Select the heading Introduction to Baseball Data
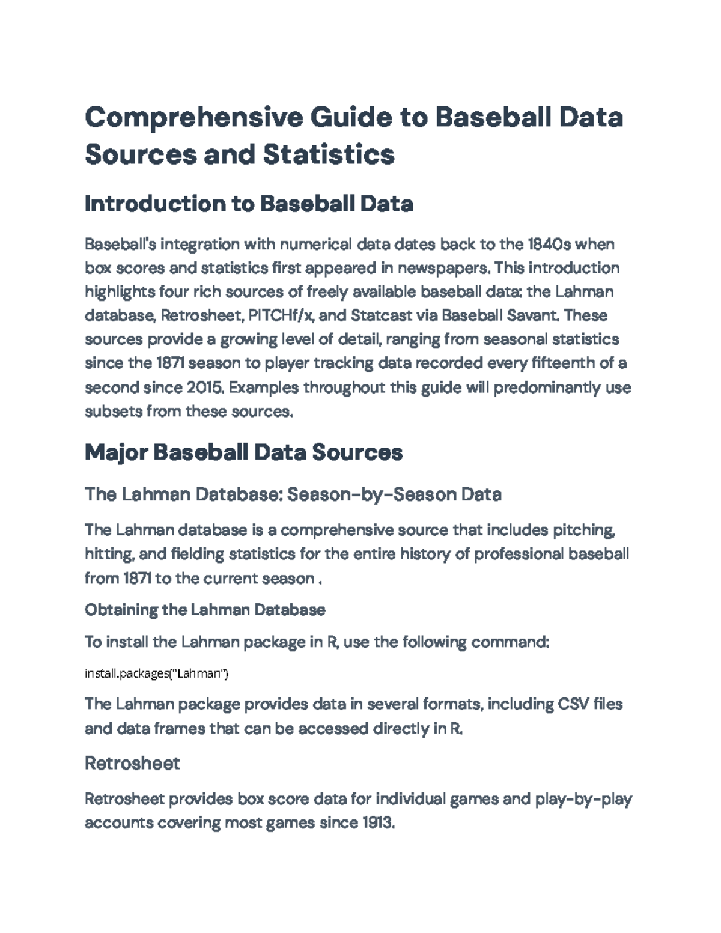(249, 204)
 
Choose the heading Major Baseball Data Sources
(243, 452)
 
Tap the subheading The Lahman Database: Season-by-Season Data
(293, 494)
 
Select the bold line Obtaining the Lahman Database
(205, 610)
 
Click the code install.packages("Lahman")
(156, 673)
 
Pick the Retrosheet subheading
(132, 764)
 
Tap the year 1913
(379, 823)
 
